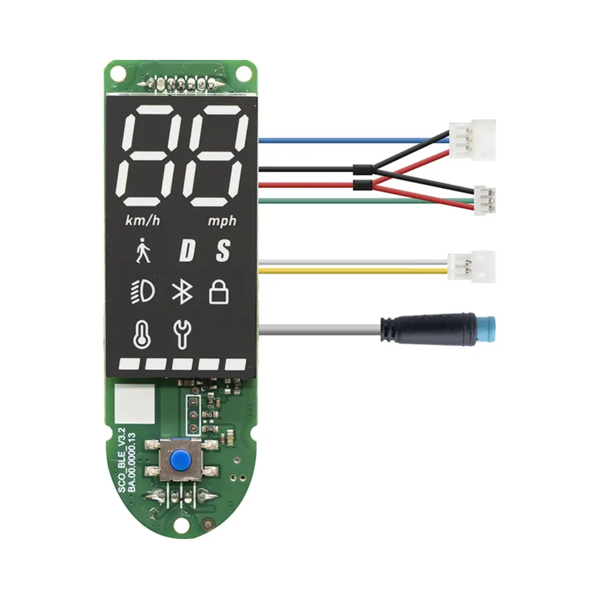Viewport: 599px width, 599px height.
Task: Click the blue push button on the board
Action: coord(180,460)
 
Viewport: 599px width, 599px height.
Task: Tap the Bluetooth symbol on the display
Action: coord(182,292)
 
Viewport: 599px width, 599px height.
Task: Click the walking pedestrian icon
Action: coord(143,250)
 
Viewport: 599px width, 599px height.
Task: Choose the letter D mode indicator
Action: coord(187,250)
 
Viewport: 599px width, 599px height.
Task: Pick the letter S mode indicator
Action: coord(223,250)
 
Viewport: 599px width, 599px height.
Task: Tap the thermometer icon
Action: coord(142,335)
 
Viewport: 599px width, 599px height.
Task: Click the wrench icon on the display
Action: coord(182,335)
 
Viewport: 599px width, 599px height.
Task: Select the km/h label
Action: coord(143,220)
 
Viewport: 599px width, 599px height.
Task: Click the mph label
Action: coord(222,221)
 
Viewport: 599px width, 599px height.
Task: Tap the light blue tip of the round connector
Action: coord(485,329)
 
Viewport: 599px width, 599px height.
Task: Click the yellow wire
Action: coord(353,271)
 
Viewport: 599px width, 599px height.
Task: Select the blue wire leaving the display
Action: coord(354,140)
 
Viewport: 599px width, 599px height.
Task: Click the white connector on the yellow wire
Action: coord(471,267)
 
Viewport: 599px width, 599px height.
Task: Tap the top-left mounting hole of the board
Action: coord(119,72)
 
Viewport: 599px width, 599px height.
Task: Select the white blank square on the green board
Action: coord(134,403)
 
